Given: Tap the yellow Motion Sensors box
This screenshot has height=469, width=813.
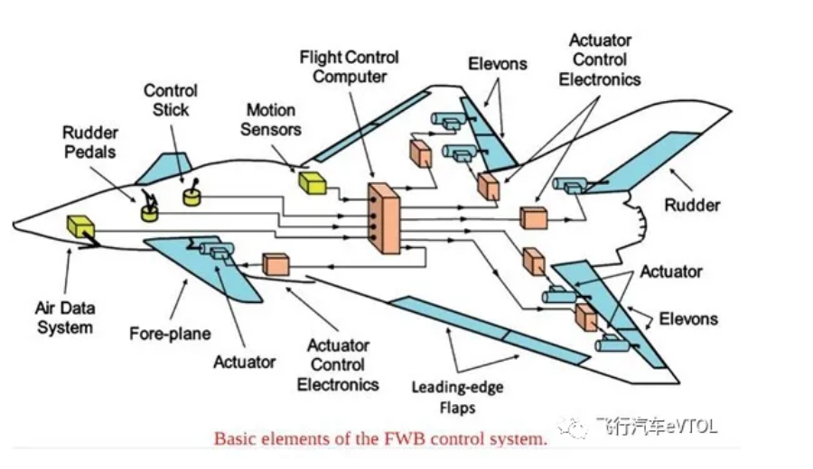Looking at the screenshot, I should point(312,183).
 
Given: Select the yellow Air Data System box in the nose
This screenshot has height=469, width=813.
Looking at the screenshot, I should point(80,226).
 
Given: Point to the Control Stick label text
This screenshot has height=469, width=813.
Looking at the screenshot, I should point(171,100).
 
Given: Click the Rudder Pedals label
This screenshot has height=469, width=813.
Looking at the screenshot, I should point(89,143).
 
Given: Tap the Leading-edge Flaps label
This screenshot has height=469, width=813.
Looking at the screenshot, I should point(457,398).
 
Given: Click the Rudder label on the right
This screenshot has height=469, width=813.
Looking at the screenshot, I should point(692,206).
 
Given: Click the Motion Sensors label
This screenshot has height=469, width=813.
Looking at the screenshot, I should point(271,119).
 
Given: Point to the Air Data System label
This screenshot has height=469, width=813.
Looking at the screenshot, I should point(65,317).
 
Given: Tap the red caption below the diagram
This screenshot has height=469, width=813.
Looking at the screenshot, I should point(380,440).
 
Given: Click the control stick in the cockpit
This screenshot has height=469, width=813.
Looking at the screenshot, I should point(192,195).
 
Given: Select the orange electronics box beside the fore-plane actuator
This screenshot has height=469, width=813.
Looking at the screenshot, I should point(276,264).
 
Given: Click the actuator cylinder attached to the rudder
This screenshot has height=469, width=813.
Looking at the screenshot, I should point(570,185).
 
